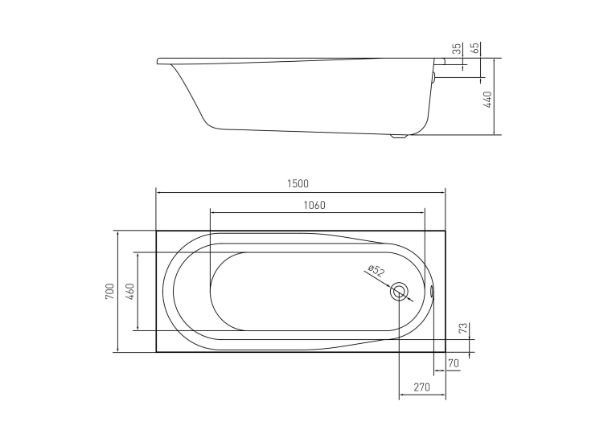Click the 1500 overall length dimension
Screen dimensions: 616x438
(x=298, y=184)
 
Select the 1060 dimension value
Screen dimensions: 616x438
(x=314, y=205)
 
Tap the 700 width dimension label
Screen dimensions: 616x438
(x=109, y=291)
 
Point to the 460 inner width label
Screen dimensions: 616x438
(x=130, y=291)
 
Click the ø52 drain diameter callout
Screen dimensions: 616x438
(x=376, y=271)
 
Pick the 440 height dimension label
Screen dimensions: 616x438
(x=487, y=100)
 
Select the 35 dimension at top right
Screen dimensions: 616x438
(x=457, y=49)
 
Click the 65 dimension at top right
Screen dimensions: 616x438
(x=475, y=48)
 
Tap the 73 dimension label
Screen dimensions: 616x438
(x=464, y=328)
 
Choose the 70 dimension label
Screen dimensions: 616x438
(x=454, y=364)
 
